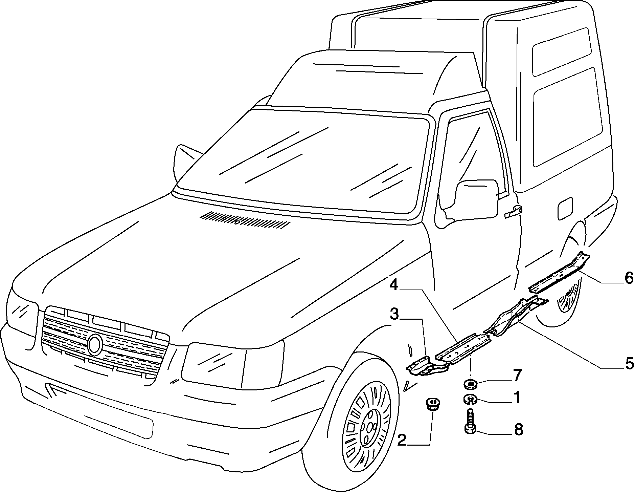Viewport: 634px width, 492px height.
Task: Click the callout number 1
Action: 517,398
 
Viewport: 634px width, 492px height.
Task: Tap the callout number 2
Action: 402,441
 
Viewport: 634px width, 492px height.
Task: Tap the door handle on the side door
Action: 513,212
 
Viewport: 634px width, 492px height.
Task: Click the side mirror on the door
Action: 477,200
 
